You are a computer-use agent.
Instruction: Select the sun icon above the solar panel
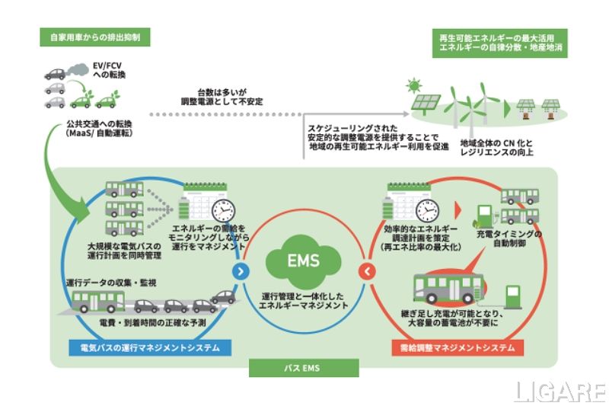tap(413, 85)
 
